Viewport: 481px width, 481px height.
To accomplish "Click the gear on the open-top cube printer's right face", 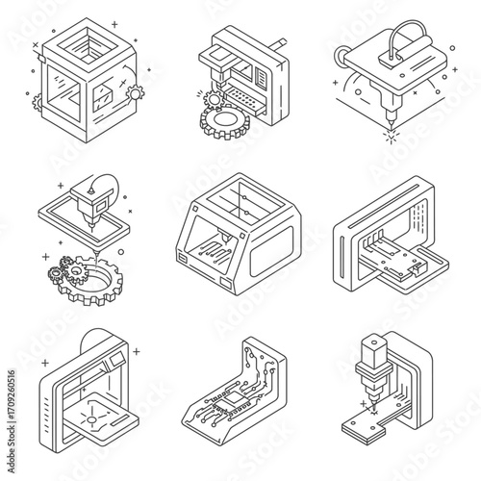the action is (135, 93).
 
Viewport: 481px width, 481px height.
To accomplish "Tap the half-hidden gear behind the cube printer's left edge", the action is (37, 103).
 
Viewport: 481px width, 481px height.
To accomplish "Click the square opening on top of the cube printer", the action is (88, 45).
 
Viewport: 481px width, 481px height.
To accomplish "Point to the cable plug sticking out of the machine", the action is (279, 44).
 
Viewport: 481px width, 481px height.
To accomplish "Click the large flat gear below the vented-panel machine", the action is (225, 121).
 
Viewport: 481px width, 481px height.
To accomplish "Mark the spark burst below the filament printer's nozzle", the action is (391, 135).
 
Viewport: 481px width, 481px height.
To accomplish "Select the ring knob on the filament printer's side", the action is (340, 56).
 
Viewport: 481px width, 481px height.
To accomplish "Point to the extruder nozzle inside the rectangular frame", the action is (92, 221).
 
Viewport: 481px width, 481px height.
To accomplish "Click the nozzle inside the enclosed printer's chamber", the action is (225, 236).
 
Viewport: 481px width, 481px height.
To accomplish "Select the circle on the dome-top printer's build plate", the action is (91, 419).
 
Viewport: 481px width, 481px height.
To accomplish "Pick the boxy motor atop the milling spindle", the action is (371, 351).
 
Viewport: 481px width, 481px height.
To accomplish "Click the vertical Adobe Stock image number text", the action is (12, 421).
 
